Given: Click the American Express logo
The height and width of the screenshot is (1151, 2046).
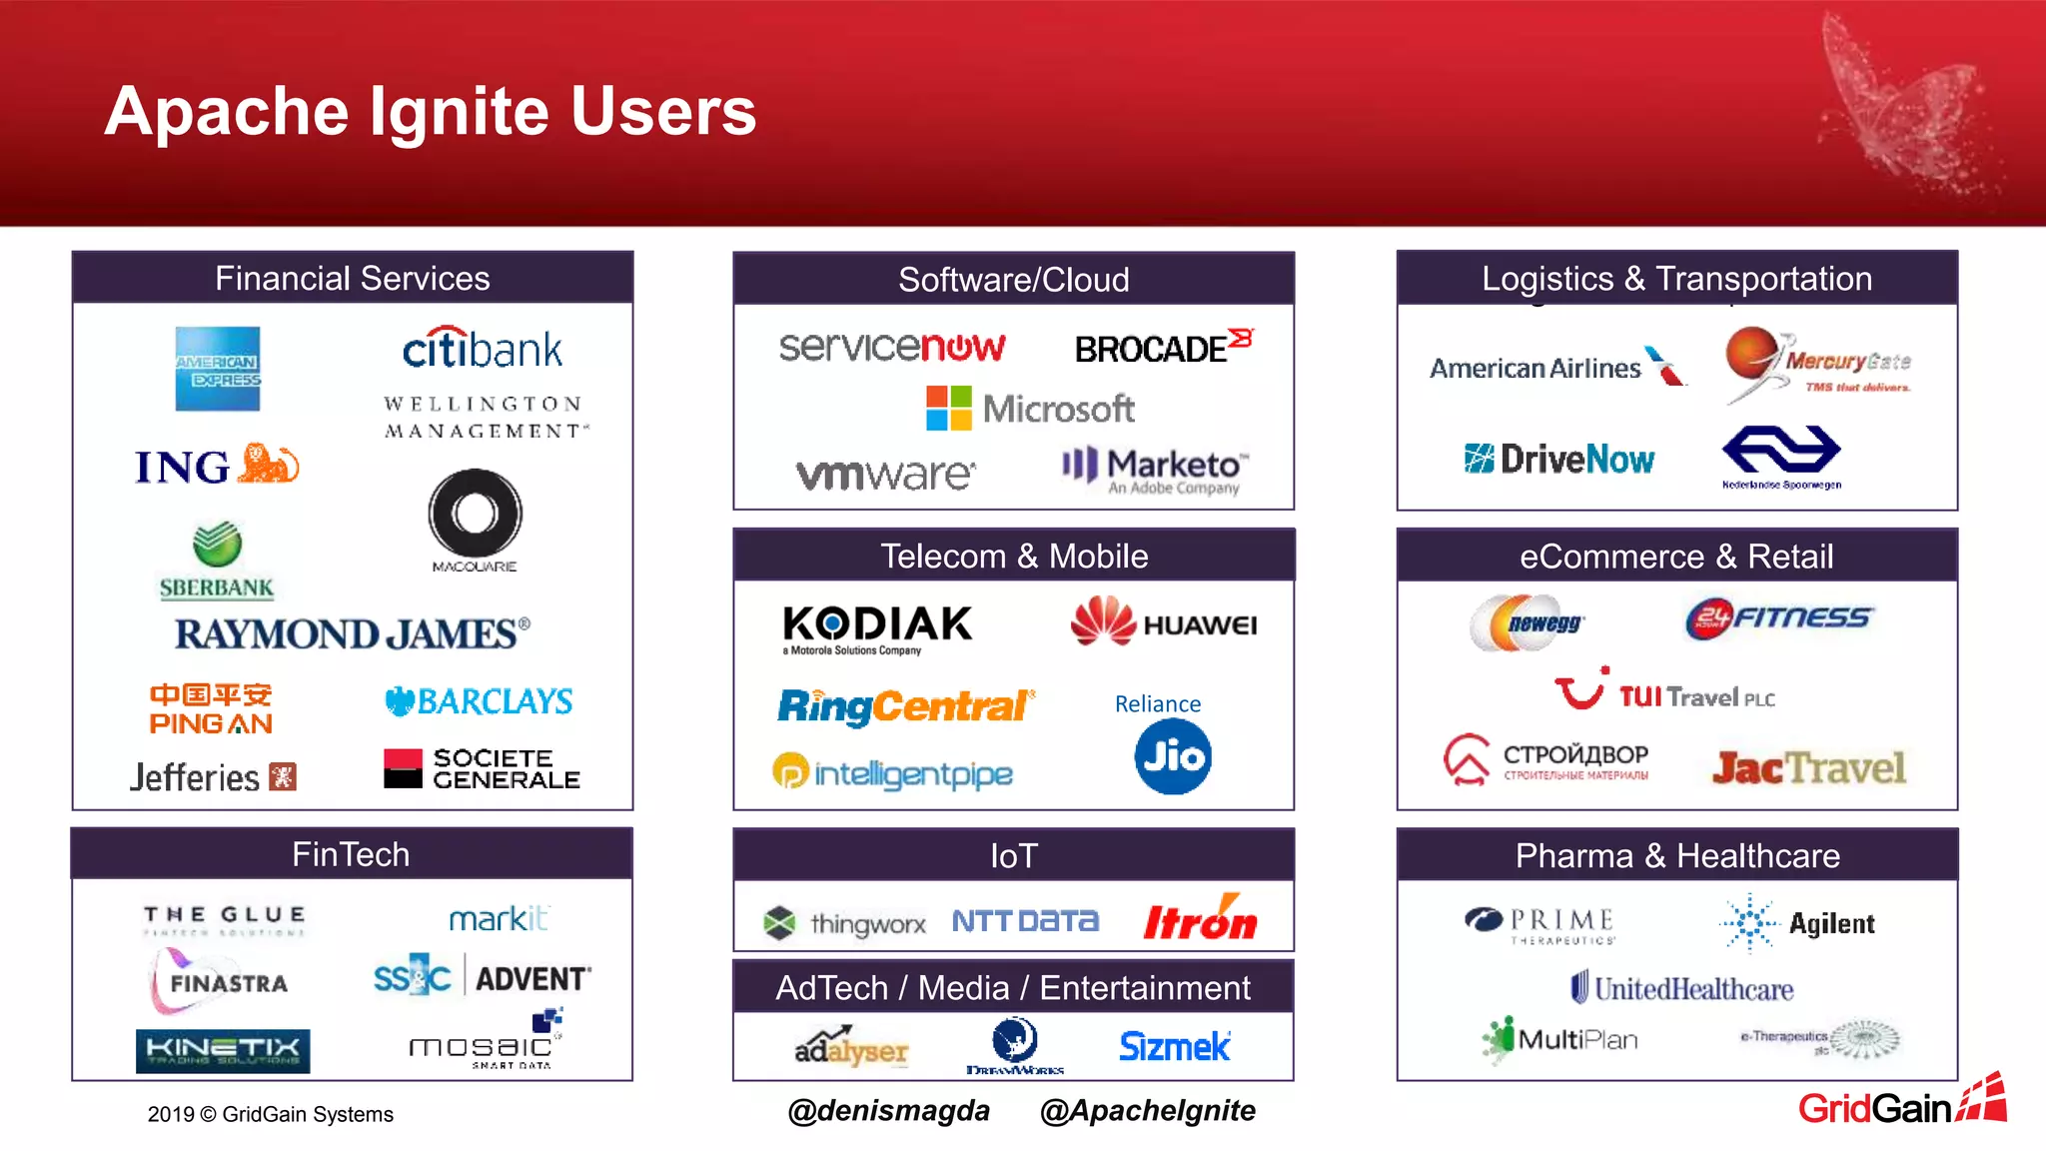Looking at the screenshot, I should [218, 369].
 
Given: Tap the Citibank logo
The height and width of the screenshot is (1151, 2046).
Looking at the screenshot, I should [483, 349].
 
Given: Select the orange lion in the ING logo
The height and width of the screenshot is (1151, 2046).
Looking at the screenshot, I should [269, 464].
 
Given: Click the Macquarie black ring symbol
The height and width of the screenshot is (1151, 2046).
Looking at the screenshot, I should [475, 514].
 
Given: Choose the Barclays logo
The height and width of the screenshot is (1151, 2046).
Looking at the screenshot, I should [480, 701].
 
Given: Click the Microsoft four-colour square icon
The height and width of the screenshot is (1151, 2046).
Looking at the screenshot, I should [948, 409].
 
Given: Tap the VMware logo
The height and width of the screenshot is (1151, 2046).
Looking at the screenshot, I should [885, 474].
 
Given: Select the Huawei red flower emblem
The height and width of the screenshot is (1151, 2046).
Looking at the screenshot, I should [1103, 620].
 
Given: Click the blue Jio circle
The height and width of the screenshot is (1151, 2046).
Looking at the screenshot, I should [1173, 756].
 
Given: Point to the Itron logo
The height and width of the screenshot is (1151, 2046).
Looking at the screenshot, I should [1200, 919].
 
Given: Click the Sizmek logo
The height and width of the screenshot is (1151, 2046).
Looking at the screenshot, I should [1175, 1046].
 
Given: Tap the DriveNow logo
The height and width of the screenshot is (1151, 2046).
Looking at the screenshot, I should [1559, 460].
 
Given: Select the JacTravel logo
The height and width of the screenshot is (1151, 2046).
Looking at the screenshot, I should [1808, 767].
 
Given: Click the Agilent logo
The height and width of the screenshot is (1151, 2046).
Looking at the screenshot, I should [1798, 923].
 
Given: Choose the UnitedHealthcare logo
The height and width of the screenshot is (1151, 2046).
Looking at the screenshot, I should [1682, 989].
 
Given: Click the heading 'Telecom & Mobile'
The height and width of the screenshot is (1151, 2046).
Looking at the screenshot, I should [1014, 557].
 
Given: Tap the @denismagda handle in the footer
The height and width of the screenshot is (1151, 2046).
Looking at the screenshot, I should [888, 1110].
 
